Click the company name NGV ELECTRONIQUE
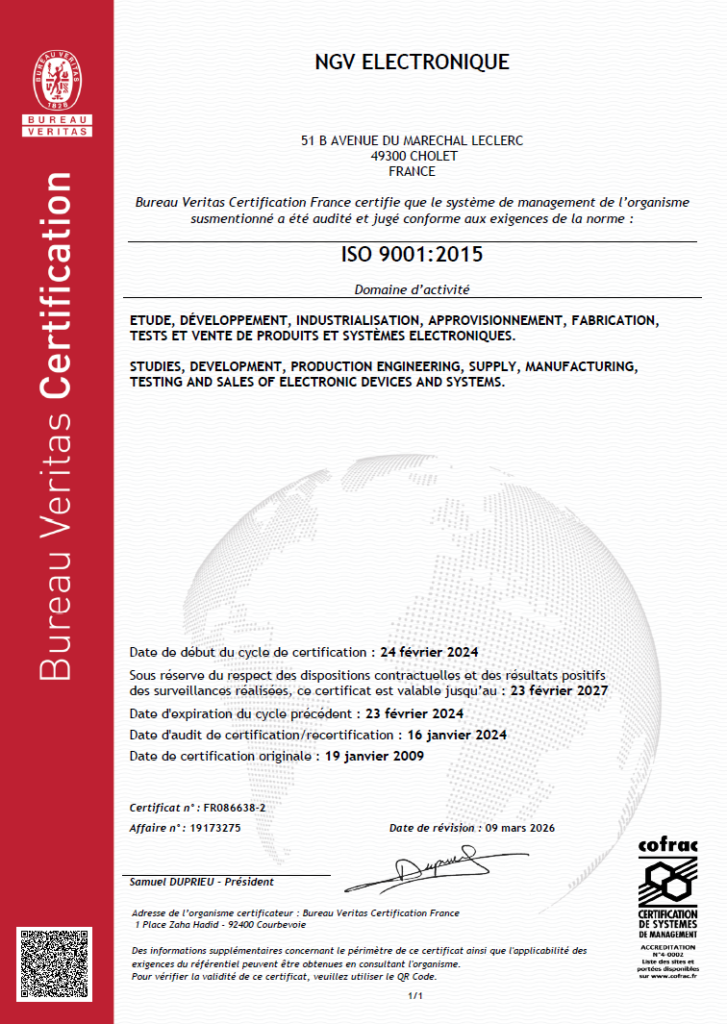point(412,62)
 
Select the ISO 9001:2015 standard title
point(412,254)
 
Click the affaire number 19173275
point(217,828)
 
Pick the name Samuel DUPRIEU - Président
point(202,882)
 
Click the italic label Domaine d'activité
point(412,290)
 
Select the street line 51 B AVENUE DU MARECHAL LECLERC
point(412,142)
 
